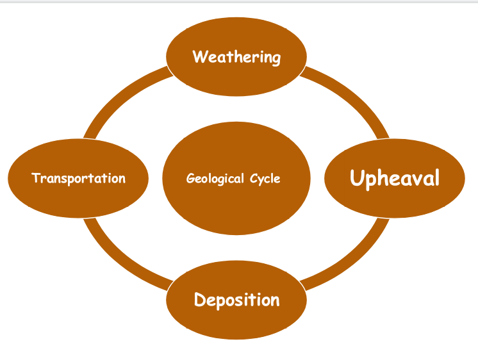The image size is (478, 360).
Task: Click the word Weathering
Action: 236,57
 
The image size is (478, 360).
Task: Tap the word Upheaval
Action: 395,178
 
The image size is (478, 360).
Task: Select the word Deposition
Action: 236,300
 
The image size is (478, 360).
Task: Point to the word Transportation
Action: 78,178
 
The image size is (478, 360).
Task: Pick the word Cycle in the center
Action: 265,179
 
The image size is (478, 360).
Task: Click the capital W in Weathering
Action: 199,56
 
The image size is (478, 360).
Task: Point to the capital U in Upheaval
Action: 357,177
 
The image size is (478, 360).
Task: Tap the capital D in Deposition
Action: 200,299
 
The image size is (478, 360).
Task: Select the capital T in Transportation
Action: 36,177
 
